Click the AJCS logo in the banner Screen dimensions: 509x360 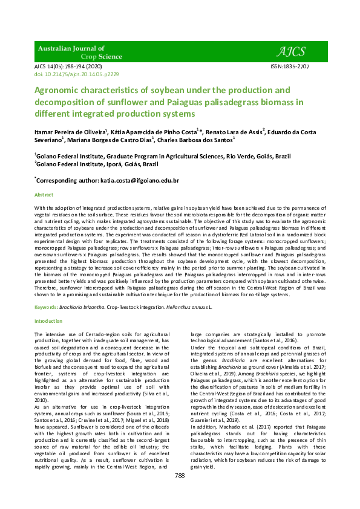(x=293, y=51)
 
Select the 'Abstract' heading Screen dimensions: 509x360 (x=44, y=195)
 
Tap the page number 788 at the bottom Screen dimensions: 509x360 (x=179, y=476)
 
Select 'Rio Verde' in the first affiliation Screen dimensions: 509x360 (x=240, y=155)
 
